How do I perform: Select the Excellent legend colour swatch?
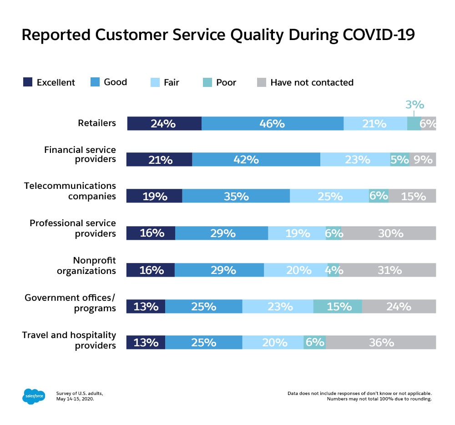(28, 82)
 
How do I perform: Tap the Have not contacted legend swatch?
(261, 82)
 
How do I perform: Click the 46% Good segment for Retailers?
(272, 123)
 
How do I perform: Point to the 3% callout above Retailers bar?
(415, 105)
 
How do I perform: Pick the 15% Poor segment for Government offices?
(338, 306)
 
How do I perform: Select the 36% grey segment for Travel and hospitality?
(381, 343)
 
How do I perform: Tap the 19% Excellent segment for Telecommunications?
(154, 196)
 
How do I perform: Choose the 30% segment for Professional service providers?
(389, 233)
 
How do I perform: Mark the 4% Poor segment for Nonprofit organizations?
(333, 270)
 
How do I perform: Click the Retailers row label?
(97, 123)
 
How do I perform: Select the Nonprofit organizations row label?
(86, 265)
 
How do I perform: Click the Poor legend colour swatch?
(207, 82)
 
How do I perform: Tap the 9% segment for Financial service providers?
(423, 160)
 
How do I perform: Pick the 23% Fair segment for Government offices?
(278, 306)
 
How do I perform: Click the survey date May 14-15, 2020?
(76, 399)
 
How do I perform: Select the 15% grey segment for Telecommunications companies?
(412, 196)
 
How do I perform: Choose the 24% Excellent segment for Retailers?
(164, 123)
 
